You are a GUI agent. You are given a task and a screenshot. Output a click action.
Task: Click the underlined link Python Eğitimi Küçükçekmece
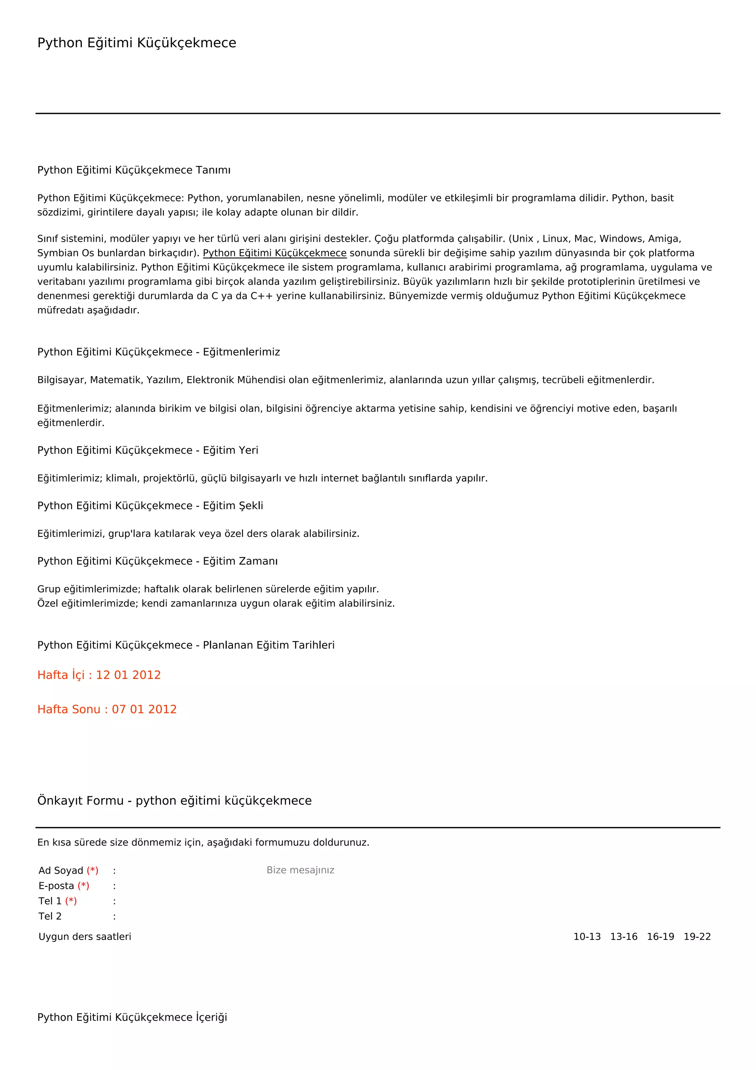pos(275,253)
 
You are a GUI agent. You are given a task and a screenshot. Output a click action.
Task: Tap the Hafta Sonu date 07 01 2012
pos(144,709)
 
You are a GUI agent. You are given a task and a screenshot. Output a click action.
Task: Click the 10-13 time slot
pos(587,937)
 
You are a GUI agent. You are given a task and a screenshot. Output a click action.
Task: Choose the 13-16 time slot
pos(623,937)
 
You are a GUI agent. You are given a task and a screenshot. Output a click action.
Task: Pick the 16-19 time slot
pos(660,937)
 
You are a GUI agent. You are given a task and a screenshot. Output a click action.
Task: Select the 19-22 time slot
pos(697,937)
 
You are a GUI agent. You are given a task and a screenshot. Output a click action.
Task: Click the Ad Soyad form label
pos(61,870)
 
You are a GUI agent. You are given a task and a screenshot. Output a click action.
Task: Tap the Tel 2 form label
pos(50,916)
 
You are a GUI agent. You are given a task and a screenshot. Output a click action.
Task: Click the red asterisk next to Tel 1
pos(71,901)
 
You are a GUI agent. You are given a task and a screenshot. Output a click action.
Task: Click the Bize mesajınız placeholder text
pos(300,870)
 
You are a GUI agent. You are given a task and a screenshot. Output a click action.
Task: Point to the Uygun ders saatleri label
pos(85,937)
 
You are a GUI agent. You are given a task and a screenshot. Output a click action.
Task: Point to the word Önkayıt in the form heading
pos(61,801)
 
